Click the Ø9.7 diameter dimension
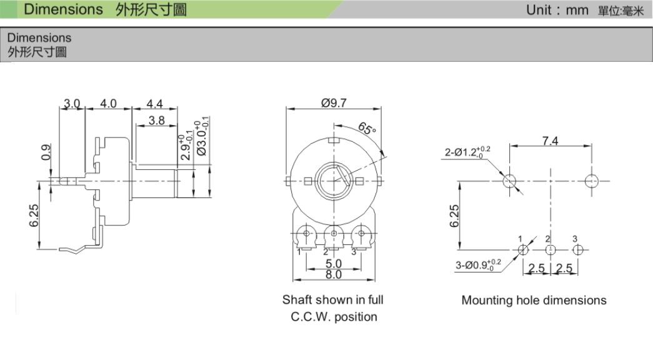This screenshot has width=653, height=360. pyautogui.click(x=334, y=102)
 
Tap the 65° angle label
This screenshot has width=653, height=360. pyautogui.click(x=366, y=129)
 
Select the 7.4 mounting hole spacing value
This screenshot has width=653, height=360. pyautogui.click(x=550, y=141)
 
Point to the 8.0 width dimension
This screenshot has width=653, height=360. pyautogui.click(x=334, y=274)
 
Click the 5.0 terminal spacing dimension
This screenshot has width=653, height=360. pyautogui.click(x=334, y=264)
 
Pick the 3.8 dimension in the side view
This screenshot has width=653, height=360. pyautogui.click(x=157, y=121)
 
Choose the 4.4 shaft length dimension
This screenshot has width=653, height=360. pyautogui.click(x=154, y=103)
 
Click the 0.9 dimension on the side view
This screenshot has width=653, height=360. pyautogui.click(x=46, y=152)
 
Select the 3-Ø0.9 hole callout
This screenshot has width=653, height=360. pyautogui.click(x=478, y=265)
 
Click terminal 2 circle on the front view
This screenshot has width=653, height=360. pyautogui.click(x=333, y=234)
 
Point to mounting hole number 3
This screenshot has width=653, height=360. pyautogui.click(x=577, y=249)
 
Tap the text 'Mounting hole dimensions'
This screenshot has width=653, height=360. pyautogui.click(x=534, y=300)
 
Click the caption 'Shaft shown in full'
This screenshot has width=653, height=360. pyautogui.click(x=332, y=299)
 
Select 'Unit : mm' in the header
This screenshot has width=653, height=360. pyautogui.click(x=557, y=9)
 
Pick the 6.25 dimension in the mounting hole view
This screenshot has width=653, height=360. pyautogui.click(x=454, y=216)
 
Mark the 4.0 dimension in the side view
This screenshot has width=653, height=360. pyautogui.click(x=108, y=103)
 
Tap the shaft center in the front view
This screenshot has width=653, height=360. pyautogui.click(x=334, y=181)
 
